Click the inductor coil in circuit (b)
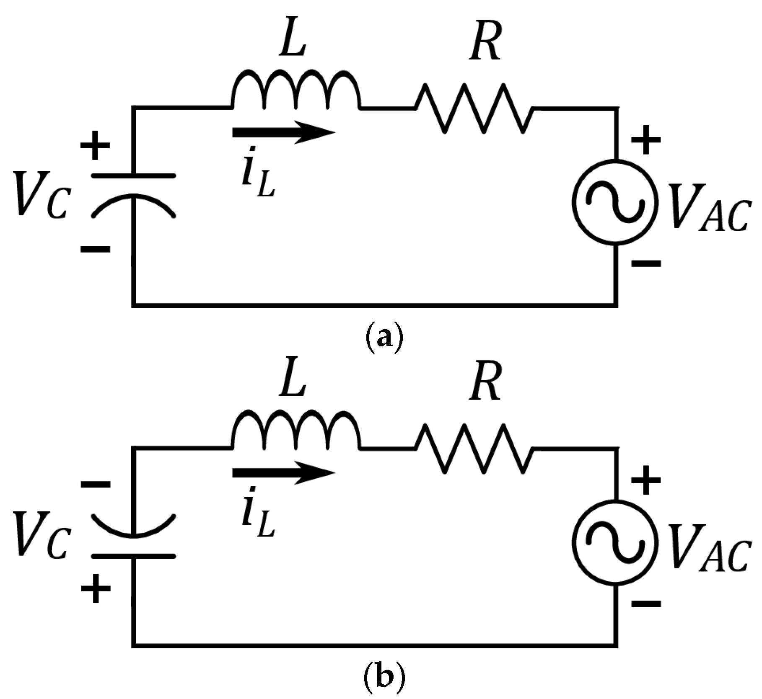[x=295, y=431]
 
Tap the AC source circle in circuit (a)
[x=615, y=201]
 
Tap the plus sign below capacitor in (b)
[x=95, y=588]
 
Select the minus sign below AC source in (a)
[x=645, y=263]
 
